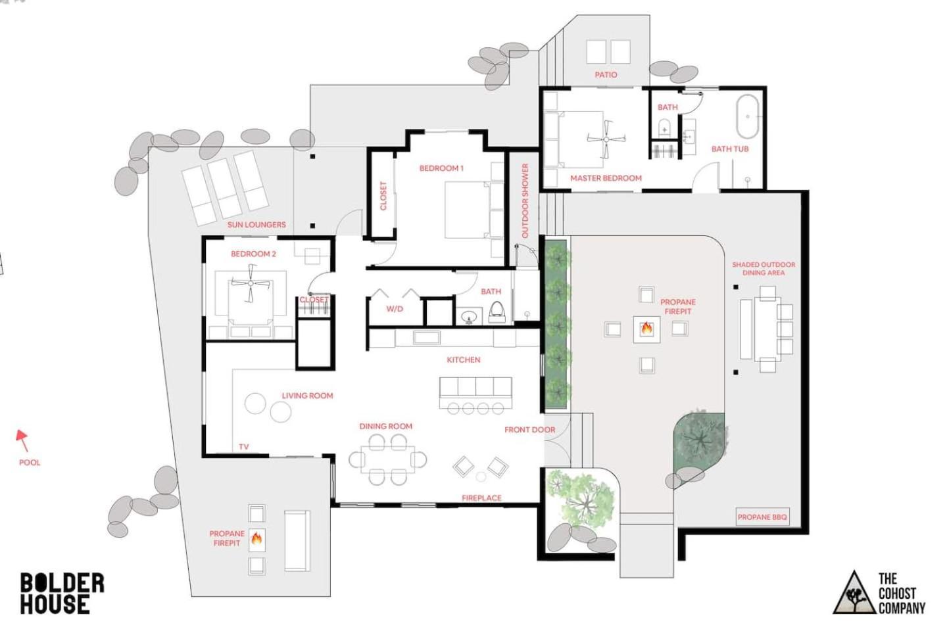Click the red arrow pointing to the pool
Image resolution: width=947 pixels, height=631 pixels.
[22, 441]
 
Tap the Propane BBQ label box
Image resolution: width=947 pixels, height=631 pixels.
[762, 517]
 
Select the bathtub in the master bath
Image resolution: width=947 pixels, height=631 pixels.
[748, 116]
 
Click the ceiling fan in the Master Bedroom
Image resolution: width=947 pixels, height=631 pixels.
[606, 139]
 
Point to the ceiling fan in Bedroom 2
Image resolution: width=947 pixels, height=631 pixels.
[251, 283]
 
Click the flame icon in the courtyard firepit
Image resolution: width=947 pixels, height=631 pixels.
[646, 328]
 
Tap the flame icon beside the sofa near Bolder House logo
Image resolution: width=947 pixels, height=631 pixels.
[256, 538]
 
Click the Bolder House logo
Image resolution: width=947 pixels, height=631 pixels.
[62, 593]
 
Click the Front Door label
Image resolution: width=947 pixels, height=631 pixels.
[530, 430]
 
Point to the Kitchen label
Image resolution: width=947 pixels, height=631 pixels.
[464, 360]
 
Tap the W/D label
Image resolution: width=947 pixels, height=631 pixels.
[395, 309]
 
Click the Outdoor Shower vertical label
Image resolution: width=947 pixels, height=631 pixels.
[525, 200]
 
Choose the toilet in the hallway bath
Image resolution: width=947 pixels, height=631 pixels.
[497, 312]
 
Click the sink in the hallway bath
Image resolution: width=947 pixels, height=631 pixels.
[469, 316]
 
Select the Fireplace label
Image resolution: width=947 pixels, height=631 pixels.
[481, 498]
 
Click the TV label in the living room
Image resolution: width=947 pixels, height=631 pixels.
[243, 447]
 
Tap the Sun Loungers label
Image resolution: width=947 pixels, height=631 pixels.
[256, 224]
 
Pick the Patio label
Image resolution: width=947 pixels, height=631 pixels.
[606, 75]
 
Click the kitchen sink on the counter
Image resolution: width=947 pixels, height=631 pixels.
[427, 338]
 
